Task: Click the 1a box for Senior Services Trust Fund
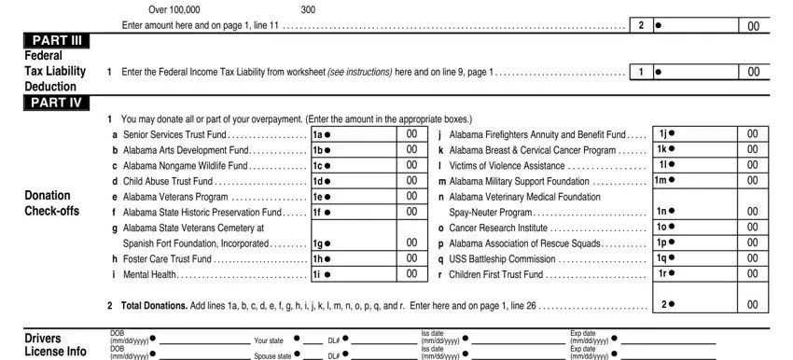click(368, 135)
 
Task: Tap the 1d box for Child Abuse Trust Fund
click(368, 181)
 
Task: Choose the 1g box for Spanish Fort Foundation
click(368, 242)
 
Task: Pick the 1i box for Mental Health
click(368, 274)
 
